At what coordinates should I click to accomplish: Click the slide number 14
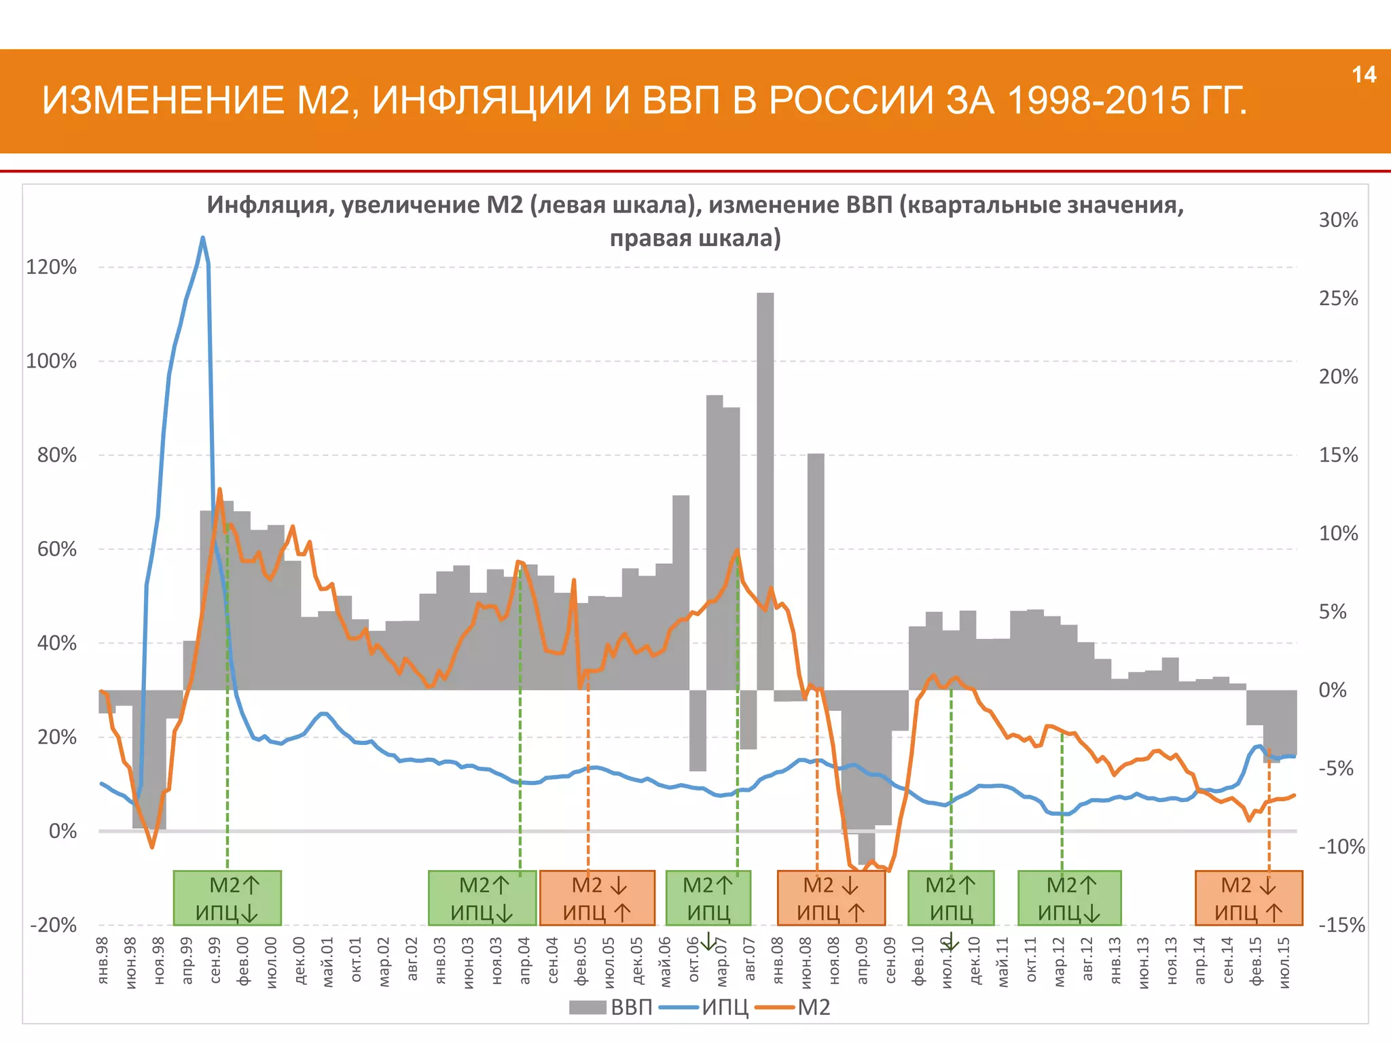(1364, 75)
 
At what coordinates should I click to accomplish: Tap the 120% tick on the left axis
(52, 267)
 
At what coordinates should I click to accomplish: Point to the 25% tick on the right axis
(1338, 298)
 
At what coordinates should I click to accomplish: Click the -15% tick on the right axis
(1341, 925)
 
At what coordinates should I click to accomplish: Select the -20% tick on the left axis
(53, 925)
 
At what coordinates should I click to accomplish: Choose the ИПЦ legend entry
(724, 1007)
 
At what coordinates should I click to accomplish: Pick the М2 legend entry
(813, 1007)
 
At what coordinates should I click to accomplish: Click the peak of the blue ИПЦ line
(202, 238)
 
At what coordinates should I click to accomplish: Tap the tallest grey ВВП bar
(765, 489)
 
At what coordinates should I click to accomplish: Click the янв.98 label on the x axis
(103, 960)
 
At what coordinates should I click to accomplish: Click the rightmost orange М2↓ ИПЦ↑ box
(1248, 898)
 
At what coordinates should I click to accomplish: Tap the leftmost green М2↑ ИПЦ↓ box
(227, 898)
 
